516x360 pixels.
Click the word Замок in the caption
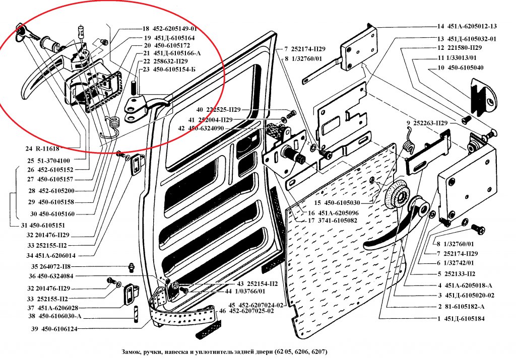click(x=133, y=351)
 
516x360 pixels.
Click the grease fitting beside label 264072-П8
click(x=131, y=266)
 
